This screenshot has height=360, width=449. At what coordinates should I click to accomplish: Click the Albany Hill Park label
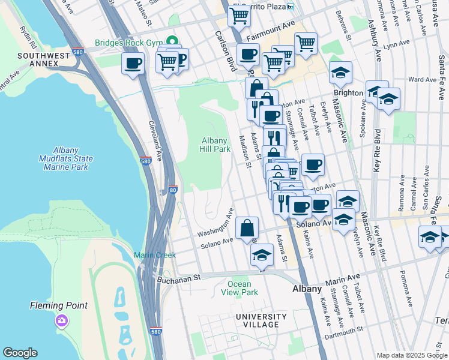[215, 145]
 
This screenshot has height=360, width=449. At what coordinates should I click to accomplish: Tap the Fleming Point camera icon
[61, 321]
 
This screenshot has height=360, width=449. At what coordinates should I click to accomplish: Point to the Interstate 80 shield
[172, 190]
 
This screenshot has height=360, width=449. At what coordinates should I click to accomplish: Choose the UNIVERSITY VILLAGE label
[261, 320]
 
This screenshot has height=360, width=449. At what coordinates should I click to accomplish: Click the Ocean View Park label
[243, 288]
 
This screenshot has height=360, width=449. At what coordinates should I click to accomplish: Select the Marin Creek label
[154, 255]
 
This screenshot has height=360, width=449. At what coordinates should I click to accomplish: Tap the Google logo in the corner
[20, 353]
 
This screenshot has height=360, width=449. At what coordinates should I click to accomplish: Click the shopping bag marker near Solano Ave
[247, 229]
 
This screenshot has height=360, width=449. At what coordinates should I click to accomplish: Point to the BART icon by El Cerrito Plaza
[291, 7]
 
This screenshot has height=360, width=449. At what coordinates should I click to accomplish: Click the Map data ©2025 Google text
[411, 355]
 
